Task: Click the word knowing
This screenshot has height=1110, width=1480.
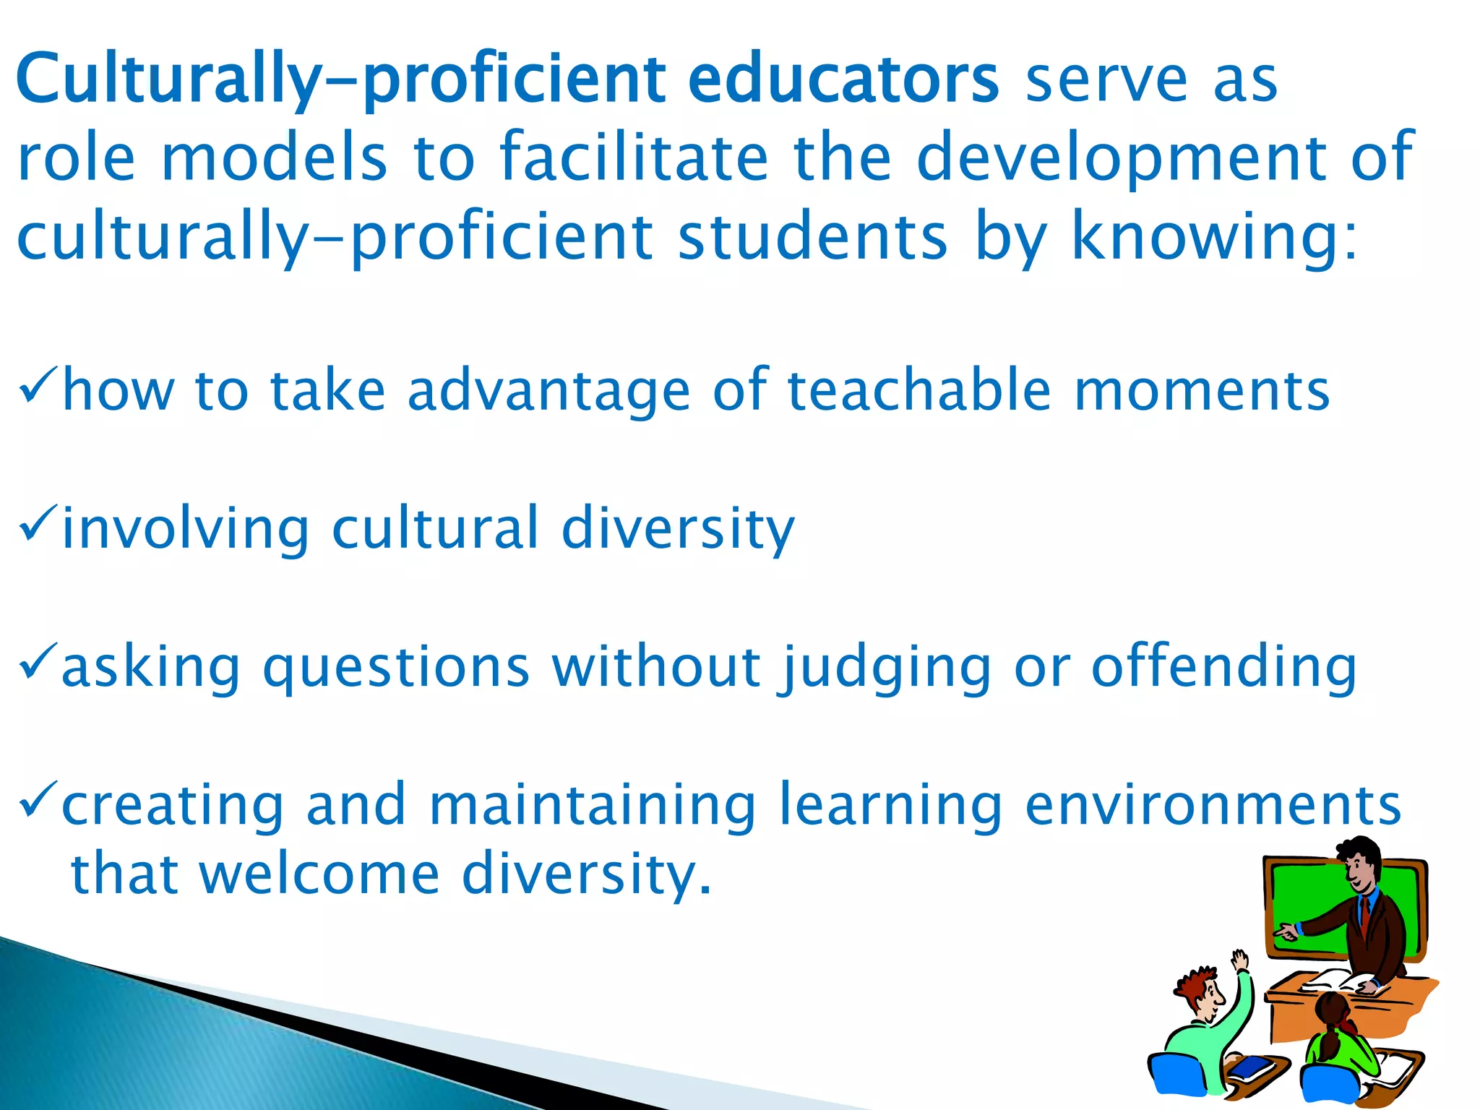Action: [1214, 237]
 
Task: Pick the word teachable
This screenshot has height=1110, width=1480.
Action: [919, 390]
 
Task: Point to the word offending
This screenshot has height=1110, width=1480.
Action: [1223, 666]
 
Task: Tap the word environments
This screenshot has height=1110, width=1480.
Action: [1213, 805]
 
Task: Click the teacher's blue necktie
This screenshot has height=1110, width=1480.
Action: [1365, 913]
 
